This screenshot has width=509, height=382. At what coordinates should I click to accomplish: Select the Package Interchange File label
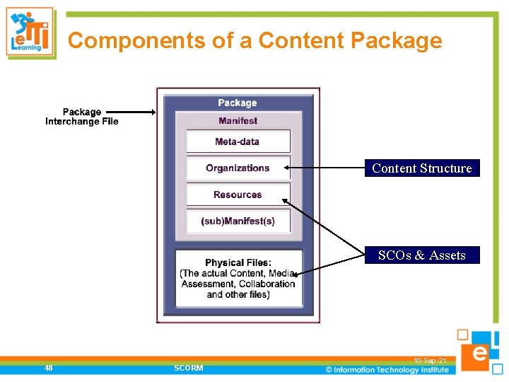[x=82, y=117]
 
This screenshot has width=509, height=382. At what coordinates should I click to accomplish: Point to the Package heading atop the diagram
[x=238, y=103]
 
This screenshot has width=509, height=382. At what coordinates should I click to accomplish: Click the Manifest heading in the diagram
[x=238, y=121]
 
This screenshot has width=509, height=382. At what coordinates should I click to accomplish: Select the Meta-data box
[x=238, y=141]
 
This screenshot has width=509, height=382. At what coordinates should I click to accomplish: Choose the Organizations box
[x=238, y=168]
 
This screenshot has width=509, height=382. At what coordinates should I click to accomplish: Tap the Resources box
[x=238, y=195]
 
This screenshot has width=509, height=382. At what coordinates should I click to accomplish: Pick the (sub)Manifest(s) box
[x=238, y=221]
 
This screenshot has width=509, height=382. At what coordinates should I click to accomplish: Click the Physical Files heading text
[x=238, y=263]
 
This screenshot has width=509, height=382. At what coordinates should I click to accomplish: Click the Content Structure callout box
[x=421, y=168]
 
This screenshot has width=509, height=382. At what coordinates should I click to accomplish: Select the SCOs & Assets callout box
[x=421, y=255]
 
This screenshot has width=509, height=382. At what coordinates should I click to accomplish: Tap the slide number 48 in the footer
[x=47, y=368]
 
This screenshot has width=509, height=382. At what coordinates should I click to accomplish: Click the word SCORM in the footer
[x=188, y=368]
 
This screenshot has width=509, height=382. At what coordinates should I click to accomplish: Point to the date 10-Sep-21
[x=430, y=361]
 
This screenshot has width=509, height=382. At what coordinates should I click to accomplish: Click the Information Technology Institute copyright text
[x=387, y=369]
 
